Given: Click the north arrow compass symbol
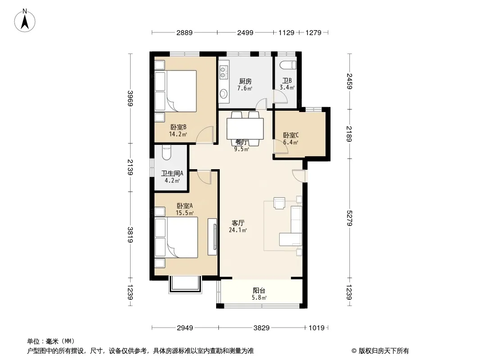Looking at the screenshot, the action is pyautogui.click(x=25, y=20).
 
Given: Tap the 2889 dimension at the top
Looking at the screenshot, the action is pyautogui.click(x=184, y=32).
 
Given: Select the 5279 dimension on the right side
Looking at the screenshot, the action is pyautogui.click(x=349, y=218).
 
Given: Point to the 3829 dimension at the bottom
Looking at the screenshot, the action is pyautogui.click(x=262, y=328).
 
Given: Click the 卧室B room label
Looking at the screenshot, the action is pyautogui.click(x=178, y=127).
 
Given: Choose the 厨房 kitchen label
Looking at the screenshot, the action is pyautogui.click(x=245, y=81).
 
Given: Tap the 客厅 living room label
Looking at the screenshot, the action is pyautogui.click(x=238, y=223).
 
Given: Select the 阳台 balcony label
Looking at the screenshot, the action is pyautogui.click(x=259, y=291).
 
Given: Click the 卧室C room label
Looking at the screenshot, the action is pyautogui.click(x=291, y=135).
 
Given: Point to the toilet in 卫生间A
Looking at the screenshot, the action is pyautogui.click(x=166, y=153).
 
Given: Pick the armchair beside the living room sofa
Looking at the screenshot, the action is pyautogui.click(x=279, y=203).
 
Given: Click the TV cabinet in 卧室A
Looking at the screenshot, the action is pyautogui.click(x=212, y=237).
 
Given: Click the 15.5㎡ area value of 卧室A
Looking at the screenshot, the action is pyautogui.click(x=185, y=213).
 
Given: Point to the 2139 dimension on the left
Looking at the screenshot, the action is pyautogui.click(x=131, y=167).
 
